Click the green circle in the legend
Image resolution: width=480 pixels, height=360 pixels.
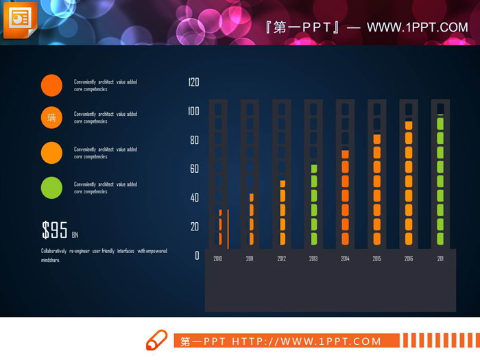tap(51, 187)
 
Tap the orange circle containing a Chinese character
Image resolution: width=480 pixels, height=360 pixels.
tap(51, 117)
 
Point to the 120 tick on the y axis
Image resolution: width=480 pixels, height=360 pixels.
tap(193, 82)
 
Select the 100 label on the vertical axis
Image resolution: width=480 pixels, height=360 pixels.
tap(193, 111)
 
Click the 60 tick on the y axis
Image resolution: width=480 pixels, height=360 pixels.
tap(194, 169)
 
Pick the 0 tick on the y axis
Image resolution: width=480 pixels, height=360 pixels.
tap(197, 255)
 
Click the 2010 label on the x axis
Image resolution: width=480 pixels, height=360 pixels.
tap(218, 259)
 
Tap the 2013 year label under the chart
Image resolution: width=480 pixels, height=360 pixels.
tap(313, 259)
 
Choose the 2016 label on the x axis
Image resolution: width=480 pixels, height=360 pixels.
tap(409, 259)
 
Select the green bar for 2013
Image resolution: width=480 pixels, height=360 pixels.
tap(314, 204)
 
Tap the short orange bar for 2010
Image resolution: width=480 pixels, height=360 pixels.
tap(221, 228)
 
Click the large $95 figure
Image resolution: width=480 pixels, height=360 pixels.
tap(54, 230)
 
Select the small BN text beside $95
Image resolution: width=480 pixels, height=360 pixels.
tap(75, 235)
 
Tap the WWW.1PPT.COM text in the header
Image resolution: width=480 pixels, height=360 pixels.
tap(417, 28)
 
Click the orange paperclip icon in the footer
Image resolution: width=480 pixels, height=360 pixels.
tap(157, 340)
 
